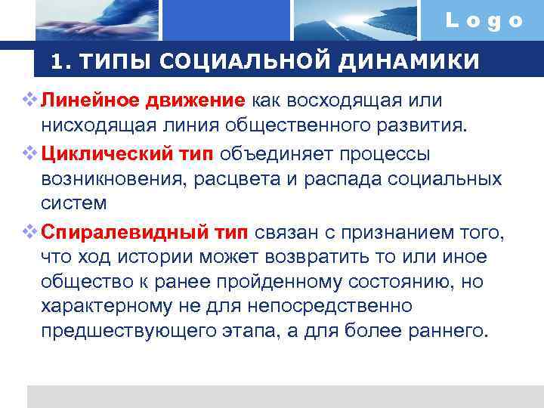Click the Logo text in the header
(x=484, y=21)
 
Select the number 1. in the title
(x=61, y=61)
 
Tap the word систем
(x=73, y=203)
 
